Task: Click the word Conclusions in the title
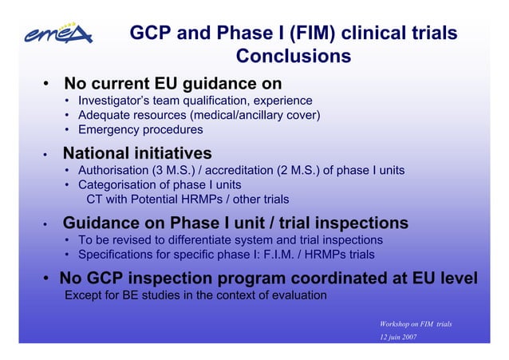[293, 57]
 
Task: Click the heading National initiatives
[137, 152]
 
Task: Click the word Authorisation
[114, 170]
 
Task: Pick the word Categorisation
[116, 185]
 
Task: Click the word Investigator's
[116, 101]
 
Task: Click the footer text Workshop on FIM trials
[416, 323]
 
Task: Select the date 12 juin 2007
[399, 338]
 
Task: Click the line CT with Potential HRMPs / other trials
[187, 200]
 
